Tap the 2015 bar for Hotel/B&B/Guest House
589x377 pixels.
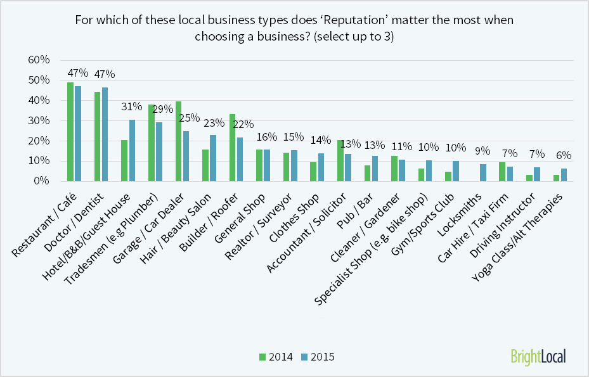pyautogui.click(x=132, y=150)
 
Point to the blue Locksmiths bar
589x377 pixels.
pyautogui.click(x=483, y=172)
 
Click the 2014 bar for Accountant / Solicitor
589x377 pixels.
pyautogui.click(x=340, y=160)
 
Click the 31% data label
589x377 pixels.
pyautogui.click(x=131, y=106)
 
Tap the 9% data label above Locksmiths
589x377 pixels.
pyautogui.click(x=483, y=151)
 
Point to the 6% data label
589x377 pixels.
pyautogui.click(x=564, y=155)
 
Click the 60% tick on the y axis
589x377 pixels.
pyautogui.click(x=39, y=60)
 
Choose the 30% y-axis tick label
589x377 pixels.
pyautogui.click(x=39, y=120)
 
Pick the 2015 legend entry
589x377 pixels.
pyautogui.click(x=316, y=357)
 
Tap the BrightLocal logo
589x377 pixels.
pyautogui.click(x=538, y=357)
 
